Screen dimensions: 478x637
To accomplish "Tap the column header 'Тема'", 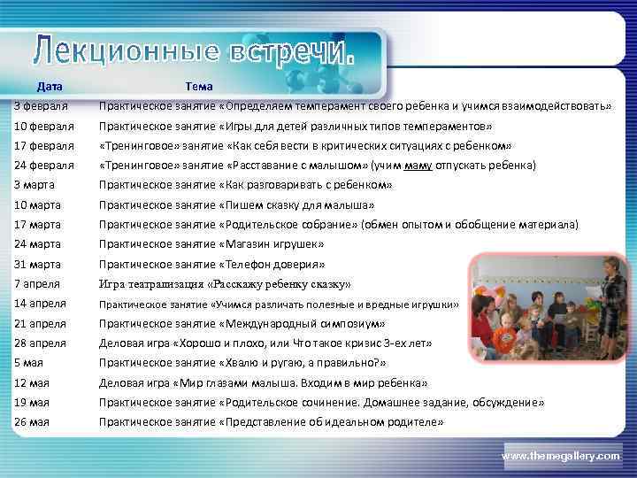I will (x=199, y=87).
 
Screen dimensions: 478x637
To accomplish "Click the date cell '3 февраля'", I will (x=42, y=106).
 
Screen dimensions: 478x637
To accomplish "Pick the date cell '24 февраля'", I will (x=44, y=166).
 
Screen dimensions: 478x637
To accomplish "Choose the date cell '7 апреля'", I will (x=37, y=284).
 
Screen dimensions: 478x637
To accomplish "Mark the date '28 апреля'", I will (x=41, y=343).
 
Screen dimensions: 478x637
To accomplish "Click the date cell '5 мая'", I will (x=30, y=363).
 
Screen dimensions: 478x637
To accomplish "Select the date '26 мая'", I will (x=32, y=422).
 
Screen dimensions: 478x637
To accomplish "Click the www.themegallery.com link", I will (x=561, y=455).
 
